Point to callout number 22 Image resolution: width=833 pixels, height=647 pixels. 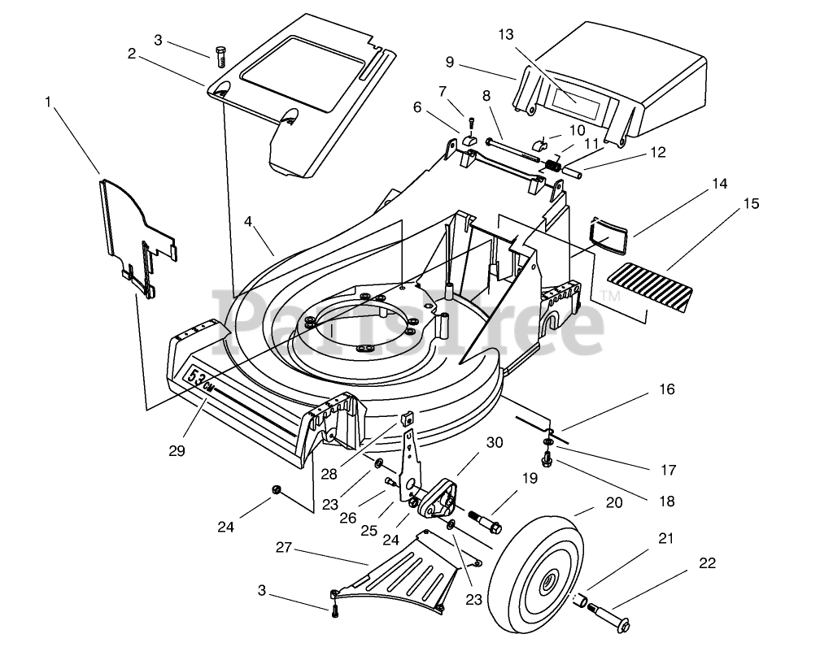click(707, 562)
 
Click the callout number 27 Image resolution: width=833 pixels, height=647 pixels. click(283, 549)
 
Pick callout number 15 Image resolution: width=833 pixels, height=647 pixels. click(748, 204)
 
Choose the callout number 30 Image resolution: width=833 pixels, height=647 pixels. click(495, 443)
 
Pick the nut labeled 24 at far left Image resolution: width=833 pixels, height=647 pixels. click(277, 489)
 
